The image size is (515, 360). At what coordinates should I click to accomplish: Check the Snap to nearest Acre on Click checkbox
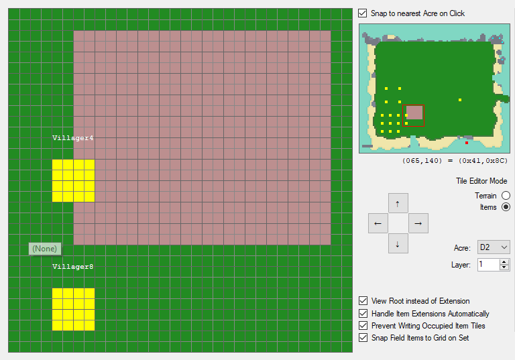(x=363, y=13)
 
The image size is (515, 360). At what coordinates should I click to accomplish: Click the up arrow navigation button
(x=398, y=203)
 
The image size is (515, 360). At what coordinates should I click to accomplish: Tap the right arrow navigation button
(x=418, y=223)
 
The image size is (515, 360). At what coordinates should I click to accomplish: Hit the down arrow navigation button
(x=398, y=243)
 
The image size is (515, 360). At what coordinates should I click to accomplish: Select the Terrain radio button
(x=506, y=196)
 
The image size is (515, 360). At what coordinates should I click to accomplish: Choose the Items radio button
(x=506, y=207)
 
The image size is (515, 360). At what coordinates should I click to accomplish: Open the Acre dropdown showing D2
(x=494, y=247)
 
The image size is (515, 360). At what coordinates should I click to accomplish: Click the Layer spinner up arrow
(x=504, y=262)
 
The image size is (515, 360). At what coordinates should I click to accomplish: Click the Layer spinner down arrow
(x=504, y=267)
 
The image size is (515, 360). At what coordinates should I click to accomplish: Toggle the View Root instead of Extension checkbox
(x=363, y=300)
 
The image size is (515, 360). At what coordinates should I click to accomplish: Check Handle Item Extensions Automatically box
(x=363, y=313)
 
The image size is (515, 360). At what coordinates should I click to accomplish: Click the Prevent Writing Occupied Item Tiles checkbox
(x=363, y=326)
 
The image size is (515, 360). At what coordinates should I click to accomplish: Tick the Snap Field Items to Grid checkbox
(x=363, y=338)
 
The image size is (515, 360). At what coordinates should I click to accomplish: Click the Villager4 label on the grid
(x=73, y=138)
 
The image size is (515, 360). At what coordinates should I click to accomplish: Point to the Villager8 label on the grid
(x=73, y=266)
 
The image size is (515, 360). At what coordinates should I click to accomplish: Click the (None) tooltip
(x=45, y=249)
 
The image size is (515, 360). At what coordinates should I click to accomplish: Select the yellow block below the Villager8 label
(x=73, y=310)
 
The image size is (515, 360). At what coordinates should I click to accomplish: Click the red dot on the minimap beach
(x=467, y=143)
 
